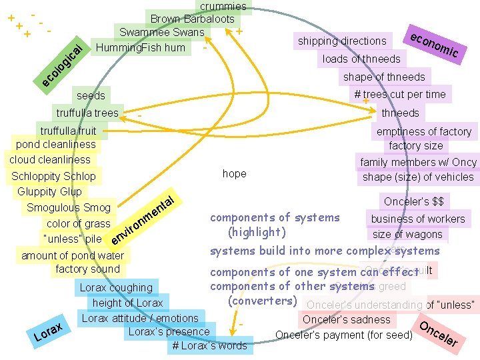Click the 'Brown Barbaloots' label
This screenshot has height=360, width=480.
coord(192,19)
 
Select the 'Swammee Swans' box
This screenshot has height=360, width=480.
coord(162,32)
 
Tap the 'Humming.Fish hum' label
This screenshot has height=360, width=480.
coord(141,47)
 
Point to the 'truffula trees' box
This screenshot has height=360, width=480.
coord(87,113)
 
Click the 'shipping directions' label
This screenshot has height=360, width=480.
coord(342,41)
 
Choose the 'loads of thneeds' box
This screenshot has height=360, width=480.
coord(361,59)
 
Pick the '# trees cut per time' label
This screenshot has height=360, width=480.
coord(400,94)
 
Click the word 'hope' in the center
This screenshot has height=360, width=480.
coord(234,173)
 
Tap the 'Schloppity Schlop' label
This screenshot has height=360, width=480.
coord(53,177)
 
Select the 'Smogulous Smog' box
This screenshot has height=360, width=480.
coord(69,208)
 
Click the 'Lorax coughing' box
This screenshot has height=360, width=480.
coord(116,288)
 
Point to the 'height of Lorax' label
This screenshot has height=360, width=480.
coord(127,303)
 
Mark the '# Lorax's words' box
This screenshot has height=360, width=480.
coord(209,345)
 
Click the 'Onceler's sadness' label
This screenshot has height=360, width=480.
coord(347,319)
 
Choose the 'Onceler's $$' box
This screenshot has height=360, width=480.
coord(413,201)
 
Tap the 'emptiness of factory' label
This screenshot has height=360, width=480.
coord(424,131)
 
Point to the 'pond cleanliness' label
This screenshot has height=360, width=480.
coord(56,145)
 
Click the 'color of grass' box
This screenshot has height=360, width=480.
coord(79,224)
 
